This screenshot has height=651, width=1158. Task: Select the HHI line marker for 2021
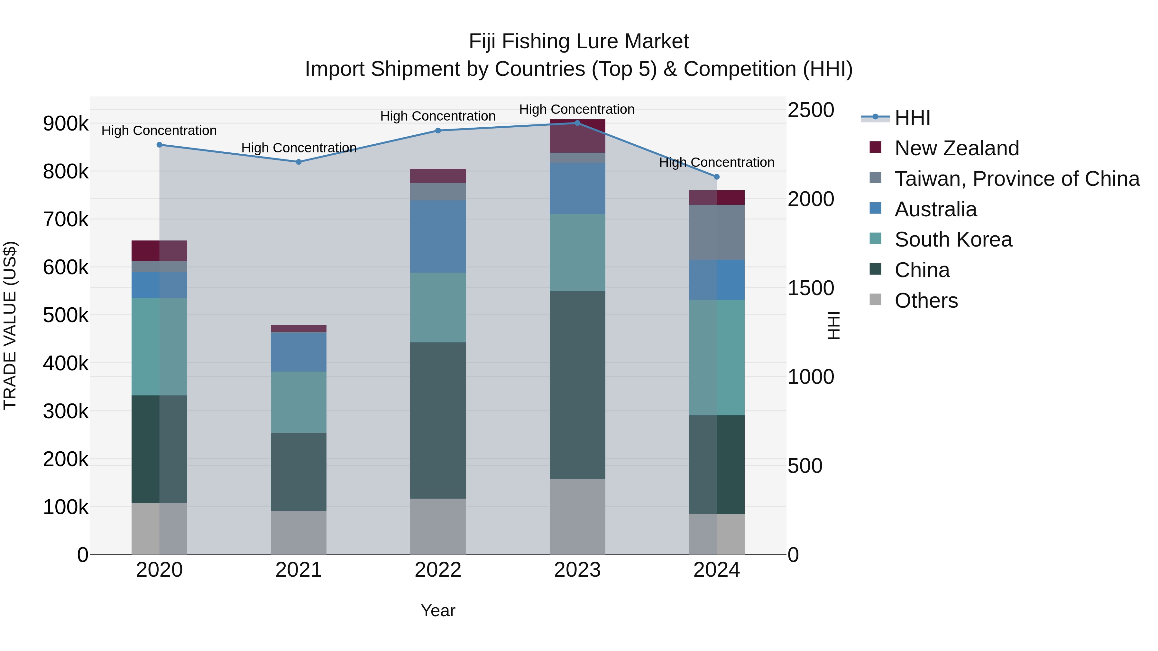click(x=299, y=162)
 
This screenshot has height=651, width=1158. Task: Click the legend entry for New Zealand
click(x=956, y=148)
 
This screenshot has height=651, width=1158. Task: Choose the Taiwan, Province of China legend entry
click(x=1017, y=179)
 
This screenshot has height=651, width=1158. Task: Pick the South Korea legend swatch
click(x=876, y=239)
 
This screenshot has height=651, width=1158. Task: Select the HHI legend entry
click(x=912, y=118)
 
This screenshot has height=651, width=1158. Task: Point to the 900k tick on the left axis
click(x=66, y=123)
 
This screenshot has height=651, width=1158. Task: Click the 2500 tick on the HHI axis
click(x=811, y=110)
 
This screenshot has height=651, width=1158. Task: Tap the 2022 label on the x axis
click(x=438, y=570)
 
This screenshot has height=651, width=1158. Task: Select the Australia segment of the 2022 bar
click(x=438, y=236)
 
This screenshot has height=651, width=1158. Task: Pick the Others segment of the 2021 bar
click(x=299, y=532)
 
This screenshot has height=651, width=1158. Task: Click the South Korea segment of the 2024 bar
click(x=717, y=357)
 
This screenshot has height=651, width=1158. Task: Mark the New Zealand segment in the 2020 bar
click(x=159, y=251)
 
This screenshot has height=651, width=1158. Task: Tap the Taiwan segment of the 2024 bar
click(x=717, y=232)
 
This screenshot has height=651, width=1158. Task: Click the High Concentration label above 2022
click(x=438, y=116)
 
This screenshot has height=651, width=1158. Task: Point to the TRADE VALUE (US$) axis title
click(x=10, y=325)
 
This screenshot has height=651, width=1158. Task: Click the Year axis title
click(x=438, y=610)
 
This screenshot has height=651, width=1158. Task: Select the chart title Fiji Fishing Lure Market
click(x=579, y=41)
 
